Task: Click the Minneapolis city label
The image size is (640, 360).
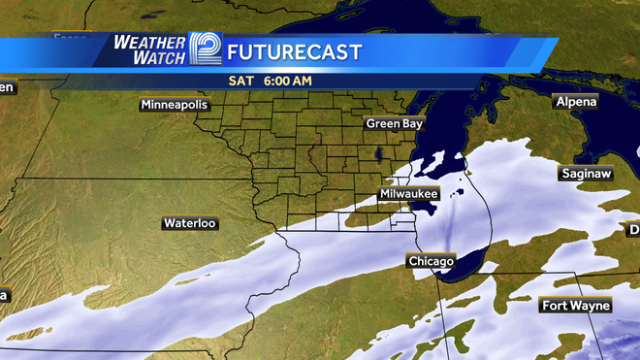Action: pos(175,104)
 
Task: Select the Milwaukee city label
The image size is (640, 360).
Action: pos(409,194)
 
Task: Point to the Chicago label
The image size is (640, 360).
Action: pos(431,262)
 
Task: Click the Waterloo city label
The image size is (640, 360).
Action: pos(189,223)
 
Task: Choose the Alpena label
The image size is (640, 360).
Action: pos(576,101)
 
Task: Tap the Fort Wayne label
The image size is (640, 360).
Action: pos(576,306)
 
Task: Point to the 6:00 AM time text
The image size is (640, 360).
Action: pos(285,81)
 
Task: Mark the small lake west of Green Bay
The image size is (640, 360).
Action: pos(377,155)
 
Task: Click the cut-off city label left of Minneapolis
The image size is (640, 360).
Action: pos(7,87)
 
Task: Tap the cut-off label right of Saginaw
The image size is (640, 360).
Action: pos(634,230)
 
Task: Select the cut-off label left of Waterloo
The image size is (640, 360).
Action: pos(4,293)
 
